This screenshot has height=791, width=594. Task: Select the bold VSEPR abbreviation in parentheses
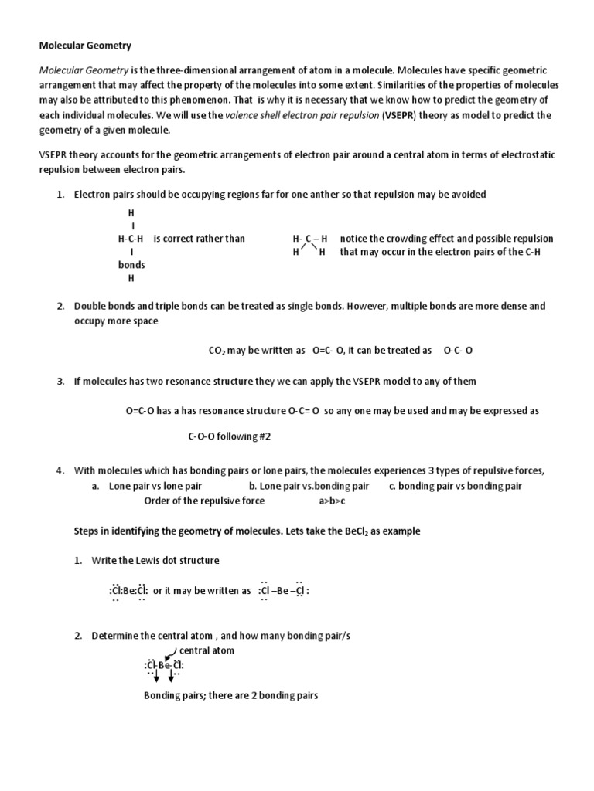[x=400, y=116]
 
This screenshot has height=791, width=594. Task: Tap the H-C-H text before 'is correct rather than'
[x=131, y=238]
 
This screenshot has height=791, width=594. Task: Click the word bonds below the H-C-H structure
[x=131, y=265]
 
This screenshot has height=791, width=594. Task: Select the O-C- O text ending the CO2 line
[x=458, y=350]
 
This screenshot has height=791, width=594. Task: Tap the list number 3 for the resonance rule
[x=60, y=382]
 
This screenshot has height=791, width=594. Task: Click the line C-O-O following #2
[x=230, y=436]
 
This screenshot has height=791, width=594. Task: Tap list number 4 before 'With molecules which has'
[x=60, y=470]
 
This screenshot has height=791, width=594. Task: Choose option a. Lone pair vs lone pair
[x=146, y=486]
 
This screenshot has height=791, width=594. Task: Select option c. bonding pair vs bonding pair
[x=455, y=486]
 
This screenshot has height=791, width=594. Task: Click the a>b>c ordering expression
[x=332, y=501]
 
